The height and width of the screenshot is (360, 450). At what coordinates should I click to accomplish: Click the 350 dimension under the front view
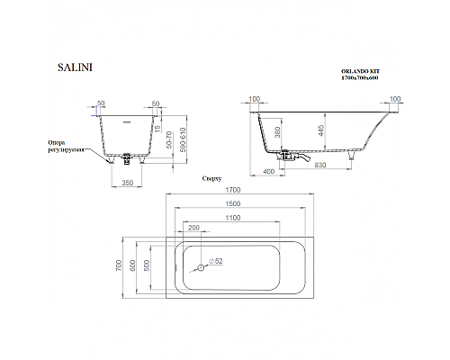point(129,183)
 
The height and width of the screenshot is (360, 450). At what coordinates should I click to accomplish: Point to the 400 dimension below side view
point(269,170)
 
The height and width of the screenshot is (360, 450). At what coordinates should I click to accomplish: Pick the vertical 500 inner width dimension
point(148,266)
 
